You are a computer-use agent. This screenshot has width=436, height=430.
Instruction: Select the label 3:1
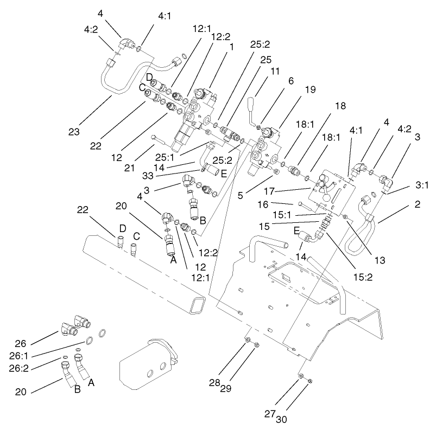click(x=422, y=185)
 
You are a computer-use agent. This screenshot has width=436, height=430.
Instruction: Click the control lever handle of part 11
click(x=252, y=104)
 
